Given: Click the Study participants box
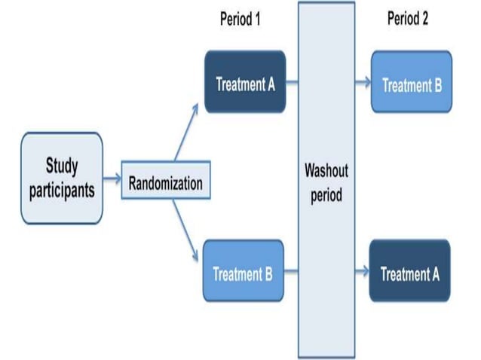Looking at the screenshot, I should [62, 178].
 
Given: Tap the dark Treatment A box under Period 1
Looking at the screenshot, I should [245, 82].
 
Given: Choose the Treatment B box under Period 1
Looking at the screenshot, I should [244, 272].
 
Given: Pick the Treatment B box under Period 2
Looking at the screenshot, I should [412, 84].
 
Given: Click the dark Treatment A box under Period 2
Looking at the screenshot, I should [409, 273].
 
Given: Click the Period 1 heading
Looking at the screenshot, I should [240, 18].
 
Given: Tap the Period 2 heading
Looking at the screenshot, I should [407, 18].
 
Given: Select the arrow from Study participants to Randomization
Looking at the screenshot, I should [112, 179].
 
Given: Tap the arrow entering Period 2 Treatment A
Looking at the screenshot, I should [363, 272].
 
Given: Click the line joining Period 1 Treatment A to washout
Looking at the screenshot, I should [292, 83].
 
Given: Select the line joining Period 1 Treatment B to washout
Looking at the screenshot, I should [291, 272].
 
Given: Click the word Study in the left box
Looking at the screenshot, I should [62, 166].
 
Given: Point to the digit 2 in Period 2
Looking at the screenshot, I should [424, 18].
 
